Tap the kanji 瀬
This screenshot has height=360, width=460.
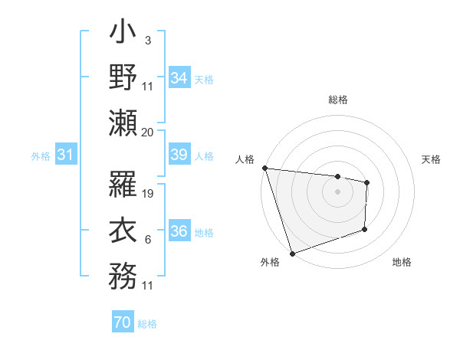[x=123, y=122]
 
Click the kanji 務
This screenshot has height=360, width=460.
[x=123, y=274]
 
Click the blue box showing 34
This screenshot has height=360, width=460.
[x=179, y=77]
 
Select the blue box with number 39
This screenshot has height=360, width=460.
[x=179, y=155]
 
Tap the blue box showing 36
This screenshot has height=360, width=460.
[x=179, y=231]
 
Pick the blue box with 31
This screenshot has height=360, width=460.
[x=65, y=155]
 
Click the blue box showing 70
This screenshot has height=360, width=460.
[x=122, y=323]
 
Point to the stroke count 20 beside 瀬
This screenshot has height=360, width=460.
[x=148, y=132]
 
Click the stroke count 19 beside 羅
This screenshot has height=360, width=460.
[x=149, y=194]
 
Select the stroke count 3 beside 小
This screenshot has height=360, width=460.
[x=147, y=39]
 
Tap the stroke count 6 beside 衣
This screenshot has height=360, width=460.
[x=147, y=240]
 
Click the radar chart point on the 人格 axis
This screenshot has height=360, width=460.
[x=264, y=168]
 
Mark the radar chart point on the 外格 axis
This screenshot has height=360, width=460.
[x=292, y=252]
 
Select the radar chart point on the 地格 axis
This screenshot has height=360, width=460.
[x=365, y=229]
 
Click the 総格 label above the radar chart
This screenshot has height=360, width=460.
[x=337, y=100]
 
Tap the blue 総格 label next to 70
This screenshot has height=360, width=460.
[x=147, y=324]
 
